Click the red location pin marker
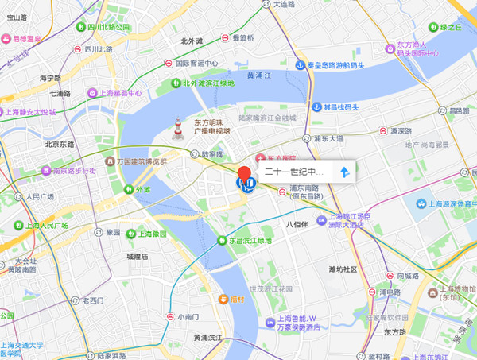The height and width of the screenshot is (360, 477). point(245,174)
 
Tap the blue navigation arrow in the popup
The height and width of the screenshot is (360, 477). point(344,172)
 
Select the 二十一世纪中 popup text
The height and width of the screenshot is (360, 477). point(294,172)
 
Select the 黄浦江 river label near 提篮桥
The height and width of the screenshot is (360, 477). point(260,76)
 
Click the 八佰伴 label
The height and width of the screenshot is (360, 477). point(296,224)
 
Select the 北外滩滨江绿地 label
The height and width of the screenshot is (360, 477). point(208,83)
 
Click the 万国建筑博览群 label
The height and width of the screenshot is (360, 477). point(142,161)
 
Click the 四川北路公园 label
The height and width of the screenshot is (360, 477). point(108,27)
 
